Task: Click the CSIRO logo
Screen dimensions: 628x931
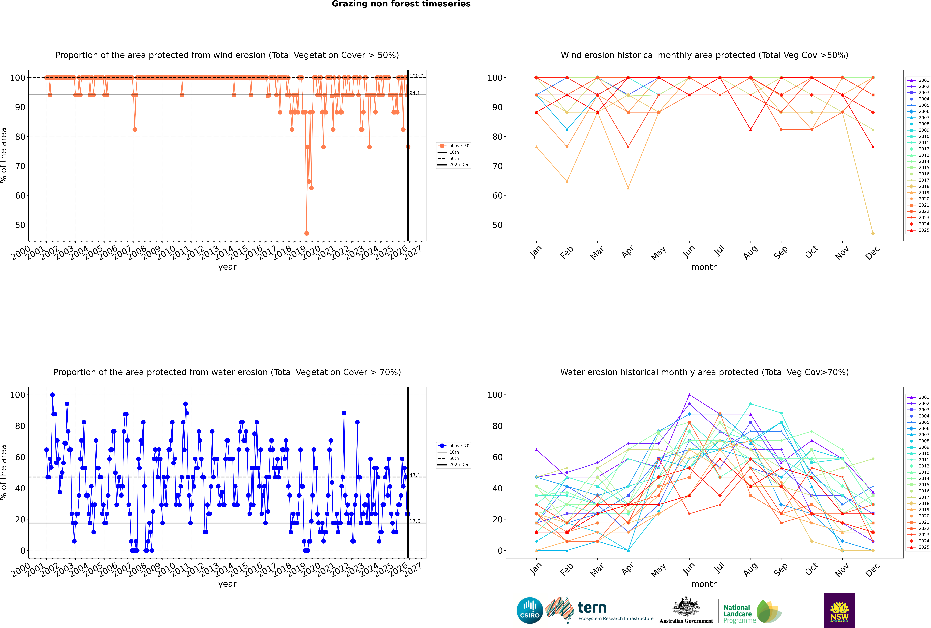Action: [530, 610]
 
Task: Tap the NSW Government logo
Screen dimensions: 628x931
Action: [839, 610]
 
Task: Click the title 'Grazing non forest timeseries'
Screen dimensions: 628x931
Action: [401, 4]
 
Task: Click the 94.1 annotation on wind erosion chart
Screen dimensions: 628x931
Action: [415, 93]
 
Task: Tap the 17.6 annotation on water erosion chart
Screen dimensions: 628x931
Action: [415, 521]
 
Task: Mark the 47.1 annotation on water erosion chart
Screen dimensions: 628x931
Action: [415, 475]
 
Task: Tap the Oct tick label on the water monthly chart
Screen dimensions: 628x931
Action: [811, 568]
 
